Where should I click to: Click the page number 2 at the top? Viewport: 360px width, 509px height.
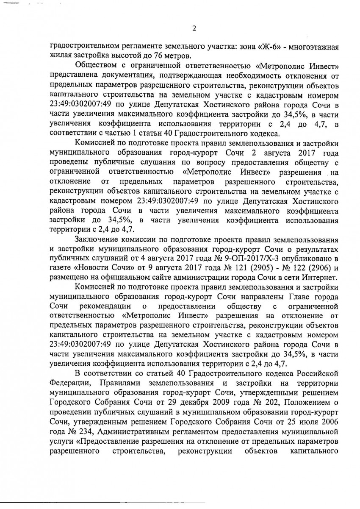click(x=194, y=29)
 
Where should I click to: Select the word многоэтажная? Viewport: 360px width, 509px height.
click(x=315, y=47)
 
